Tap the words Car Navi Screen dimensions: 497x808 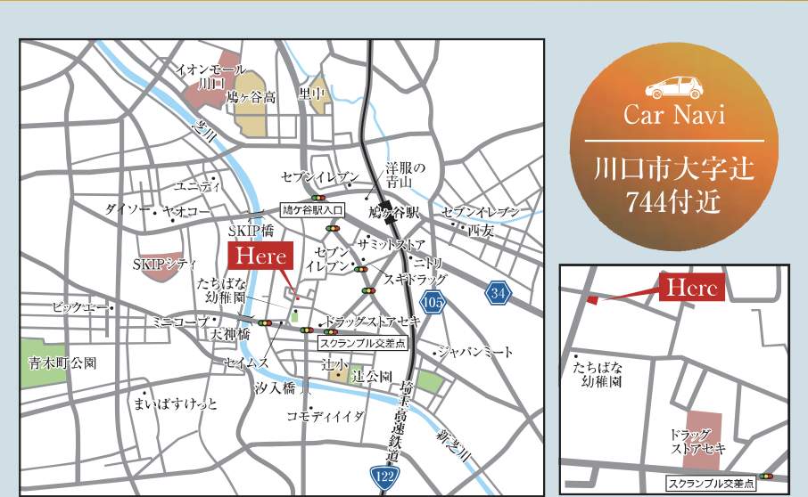(x=674, y=116)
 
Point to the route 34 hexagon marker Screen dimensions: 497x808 (x=499, y=291)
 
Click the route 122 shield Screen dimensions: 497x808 (x=384, y=477)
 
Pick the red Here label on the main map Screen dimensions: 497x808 (x=261, y=257)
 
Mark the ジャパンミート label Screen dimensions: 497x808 (x=476, y=352)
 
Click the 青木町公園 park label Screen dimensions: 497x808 (x=61, y=363)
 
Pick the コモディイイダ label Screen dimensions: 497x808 (x=326, y=416)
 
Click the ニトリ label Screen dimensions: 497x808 (x=426, y=262)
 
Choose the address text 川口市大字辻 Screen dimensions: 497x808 (x=674, y=168)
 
